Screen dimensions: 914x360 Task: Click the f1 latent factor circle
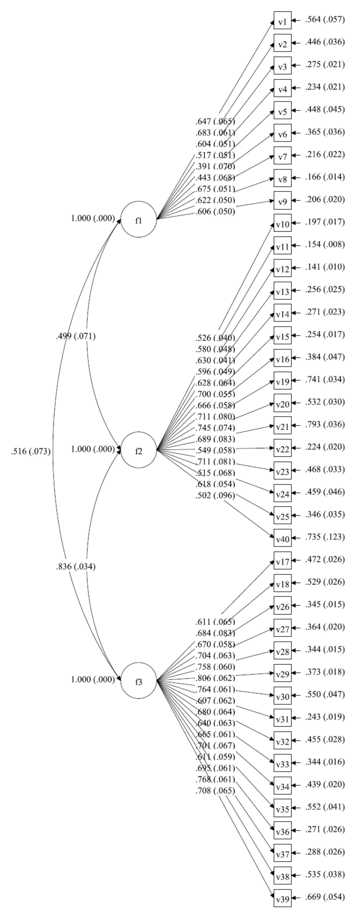click(138, 220)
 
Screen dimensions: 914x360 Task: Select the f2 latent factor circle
click(138, 450)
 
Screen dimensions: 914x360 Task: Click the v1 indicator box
click(282, 20)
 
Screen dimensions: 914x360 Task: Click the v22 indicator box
click(282, 448)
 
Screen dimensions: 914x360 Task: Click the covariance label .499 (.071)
click(75, 336)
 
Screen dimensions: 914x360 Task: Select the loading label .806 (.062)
click(215, 678)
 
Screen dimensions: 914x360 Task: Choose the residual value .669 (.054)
click(325, 897)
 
